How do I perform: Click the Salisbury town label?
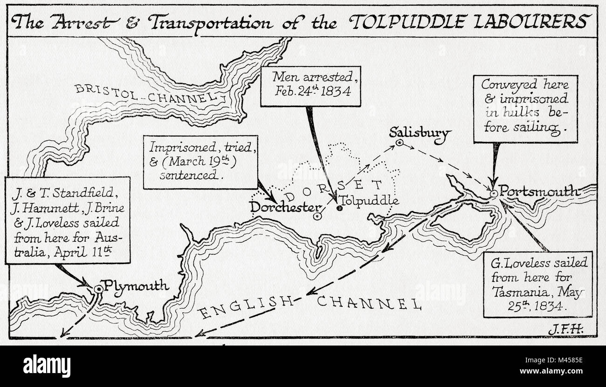click(420, 133)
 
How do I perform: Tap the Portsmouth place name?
click(539, 191)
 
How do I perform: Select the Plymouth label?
click(136, 285)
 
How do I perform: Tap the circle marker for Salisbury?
click(399, 143)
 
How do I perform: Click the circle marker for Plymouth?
click(98, 289)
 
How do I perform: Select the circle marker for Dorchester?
click(317, 216)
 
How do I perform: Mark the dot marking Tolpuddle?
click(339, 208)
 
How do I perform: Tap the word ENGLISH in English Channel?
click(247, 308)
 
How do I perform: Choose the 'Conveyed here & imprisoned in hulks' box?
click(525, 109)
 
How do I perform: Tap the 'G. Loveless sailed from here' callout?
click(537, 284)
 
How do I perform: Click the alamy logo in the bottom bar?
click(47, 366)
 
